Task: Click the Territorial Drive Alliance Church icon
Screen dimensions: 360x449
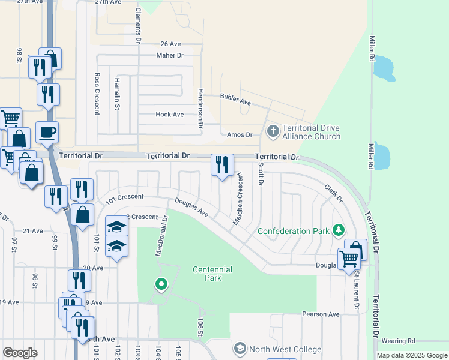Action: pos(273,130)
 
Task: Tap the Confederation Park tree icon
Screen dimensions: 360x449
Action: pos(339,230)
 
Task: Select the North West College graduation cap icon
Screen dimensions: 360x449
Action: pos(240,348)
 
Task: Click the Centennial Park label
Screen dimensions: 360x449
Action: pos(212,274)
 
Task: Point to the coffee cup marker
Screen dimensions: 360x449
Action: pos(47,131)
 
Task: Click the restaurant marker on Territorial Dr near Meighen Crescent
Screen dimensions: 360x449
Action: pos(222,164)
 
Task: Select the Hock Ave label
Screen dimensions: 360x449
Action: pos(169,114)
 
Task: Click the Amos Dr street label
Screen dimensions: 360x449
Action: pos(240,134)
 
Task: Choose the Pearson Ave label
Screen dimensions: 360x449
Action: pos(321,314)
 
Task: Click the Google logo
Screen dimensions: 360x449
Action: pos(20,353)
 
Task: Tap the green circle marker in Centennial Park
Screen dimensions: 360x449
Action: pos(161,284)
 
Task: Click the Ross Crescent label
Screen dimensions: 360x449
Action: pos(97,94)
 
